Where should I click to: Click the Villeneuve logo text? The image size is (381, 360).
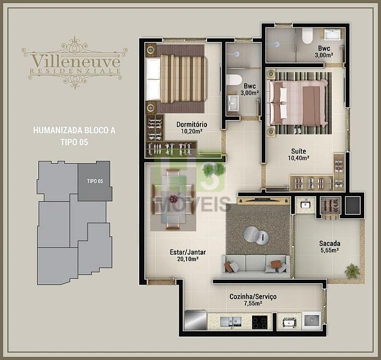coord(76,61)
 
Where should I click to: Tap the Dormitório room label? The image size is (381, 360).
coord(192,124)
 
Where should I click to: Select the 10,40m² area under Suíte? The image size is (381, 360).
coord(299,158)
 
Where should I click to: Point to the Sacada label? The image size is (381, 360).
coord(330,243)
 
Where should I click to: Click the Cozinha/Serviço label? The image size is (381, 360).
coord(253,296)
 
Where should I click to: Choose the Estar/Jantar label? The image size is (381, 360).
coord(188,252)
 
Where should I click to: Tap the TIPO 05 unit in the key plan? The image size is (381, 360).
coord(95,181)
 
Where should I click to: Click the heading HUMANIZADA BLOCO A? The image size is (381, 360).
coord(74,130)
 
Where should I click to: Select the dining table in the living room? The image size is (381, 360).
coord(173,199)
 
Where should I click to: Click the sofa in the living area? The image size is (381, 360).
coord(256,266)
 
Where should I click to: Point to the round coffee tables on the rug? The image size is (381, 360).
coord(256,235)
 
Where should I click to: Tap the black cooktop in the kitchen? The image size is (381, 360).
coord(260,322)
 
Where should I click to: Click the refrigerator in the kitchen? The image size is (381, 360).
coord(196,320)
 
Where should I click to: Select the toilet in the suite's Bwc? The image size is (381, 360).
coord(307,36)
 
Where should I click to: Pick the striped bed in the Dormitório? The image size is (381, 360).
coord(176,78)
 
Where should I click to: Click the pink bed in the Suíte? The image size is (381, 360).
coord(298,103)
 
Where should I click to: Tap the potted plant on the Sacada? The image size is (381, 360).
coord(352,271)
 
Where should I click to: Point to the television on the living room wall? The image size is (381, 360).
coord(263,200)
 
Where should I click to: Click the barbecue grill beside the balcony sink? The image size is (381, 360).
coord(331,205)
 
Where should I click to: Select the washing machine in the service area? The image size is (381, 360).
coord(312,320)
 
